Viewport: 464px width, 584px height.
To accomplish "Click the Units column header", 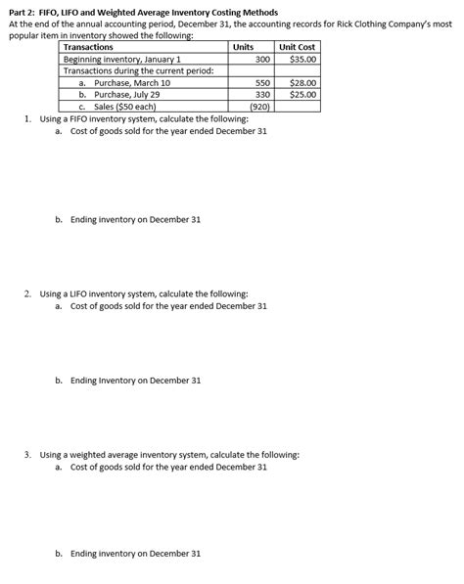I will click(x=243, y=47).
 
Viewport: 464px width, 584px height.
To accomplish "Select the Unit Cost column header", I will click(x=297, y=47).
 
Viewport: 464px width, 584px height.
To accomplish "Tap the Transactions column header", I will click(x=88, y=47).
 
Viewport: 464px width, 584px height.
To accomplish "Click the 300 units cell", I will click(x=261, y=59).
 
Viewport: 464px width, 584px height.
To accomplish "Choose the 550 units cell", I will click(x=261, y=83).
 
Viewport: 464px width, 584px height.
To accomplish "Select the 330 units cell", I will click(x=261, y=95).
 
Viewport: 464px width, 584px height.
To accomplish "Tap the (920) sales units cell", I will click(x=259, y=107).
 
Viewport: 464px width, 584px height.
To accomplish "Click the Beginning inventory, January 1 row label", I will click(x=122, y=59).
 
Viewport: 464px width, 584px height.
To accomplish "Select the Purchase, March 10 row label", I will click(x=131, y=83).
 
